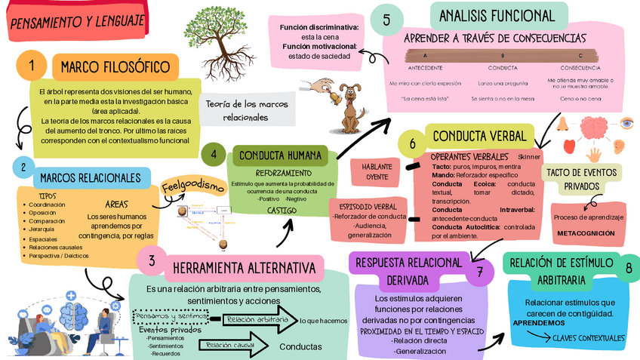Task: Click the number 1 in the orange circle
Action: click(32, 66)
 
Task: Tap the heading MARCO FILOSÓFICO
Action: click(115, 66)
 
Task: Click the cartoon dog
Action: click(350, 106)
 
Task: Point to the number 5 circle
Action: click(387, 20)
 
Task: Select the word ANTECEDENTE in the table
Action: click(425, 68)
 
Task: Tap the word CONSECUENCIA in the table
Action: click(580, 68)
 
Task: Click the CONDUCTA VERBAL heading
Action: click(479, 137)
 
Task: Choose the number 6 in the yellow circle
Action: click(412, 143)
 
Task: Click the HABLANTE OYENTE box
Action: click(377, 171)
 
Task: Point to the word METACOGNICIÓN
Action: click(586, 233)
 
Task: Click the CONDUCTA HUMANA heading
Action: click(280, 156)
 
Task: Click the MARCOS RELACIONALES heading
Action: click(91, 177)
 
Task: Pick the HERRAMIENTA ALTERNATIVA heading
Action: click(243, 269)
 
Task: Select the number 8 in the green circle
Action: click(629, 269)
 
